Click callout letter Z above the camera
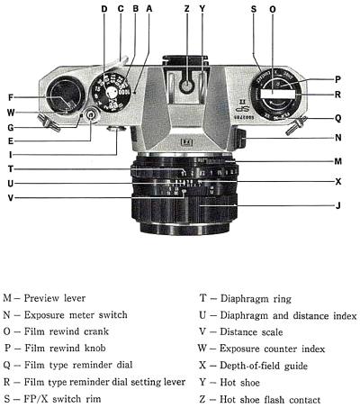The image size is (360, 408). tap(186, 10)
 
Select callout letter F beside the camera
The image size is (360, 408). tap(10, 97)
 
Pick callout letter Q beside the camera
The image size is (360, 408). tap(337, 117)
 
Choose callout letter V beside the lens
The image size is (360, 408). tap(10, 198)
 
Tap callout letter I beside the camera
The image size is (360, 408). tap(10, 154)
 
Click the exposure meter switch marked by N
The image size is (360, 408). tap(240, 139)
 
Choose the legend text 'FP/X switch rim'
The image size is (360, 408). tap(59, 398)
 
